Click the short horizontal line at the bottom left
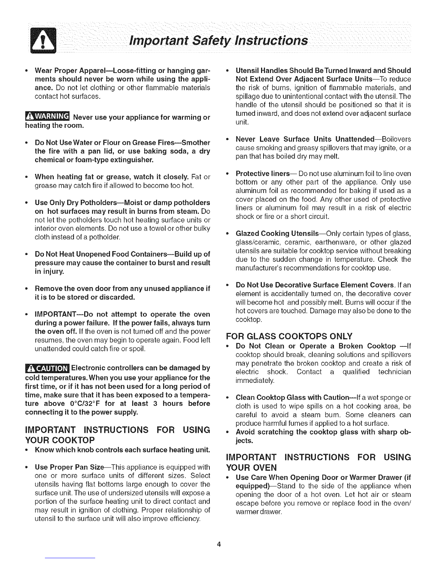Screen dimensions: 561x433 (70, 558)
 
